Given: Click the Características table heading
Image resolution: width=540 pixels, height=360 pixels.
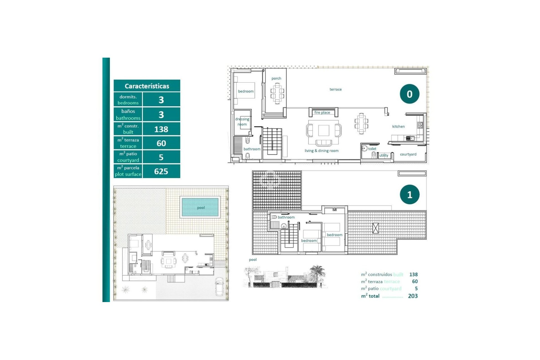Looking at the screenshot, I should [x=147, y=86].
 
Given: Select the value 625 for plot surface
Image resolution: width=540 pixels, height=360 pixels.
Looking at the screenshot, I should [x=161, y=171].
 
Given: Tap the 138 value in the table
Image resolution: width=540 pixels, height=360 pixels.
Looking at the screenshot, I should [x=161, y=129].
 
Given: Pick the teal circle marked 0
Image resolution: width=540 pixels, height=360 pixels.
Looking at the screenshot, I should [x=409, y=94].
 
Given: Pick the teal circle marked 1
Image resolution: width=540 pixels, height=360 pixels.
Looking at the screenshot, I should [x=409, y=195].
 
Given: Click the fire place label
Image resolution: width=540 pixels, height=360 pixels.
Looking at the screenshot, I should [x=322, y=112].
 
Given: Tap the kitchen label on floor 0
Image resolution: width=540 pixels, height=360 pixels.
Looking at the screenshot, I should [x=398, y=127].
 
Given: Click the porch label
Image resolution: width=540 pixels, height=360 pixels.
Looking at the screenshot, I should [x=276, y=78].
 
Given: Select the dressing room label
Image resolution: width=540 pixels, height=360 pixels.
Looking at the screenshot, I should [x=242, y=121].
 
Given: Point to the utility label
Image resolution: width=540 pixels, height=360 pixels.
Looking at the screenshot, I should [x=384, y=155].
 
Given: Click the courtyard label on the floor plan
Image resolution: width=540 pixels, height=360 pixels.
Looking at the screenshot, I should [x=408, y=154].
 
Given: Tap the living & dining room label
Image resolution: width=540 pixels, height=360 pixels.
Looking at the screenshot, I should [x=321, y=151].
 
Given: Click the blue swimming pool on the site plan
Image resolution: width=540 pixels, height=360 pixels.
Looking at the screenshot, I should [x=200, y=207].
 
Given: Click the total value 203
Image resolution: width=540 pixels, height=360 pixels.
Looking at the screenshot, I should [x=413, y=296].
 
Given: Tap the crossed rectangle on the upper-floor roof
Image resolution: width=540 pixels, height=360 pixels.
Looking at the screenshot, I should [x=375, y=228].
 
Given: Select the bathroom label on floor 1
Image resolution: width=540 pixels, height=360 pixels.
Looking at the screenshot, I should [x=286, y=217].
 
